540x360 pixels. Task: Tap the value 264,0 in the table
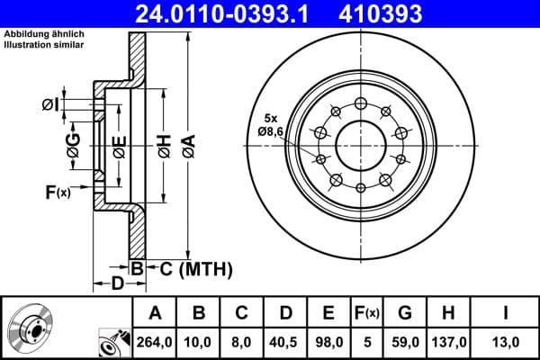[x=155, y=341]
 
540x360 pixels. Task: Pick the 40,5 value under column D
[x=285, y=341]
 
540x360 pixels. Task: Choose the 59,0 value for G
[x=404, y=341]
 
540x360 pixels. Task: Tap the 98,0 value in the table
[x=328, y=341]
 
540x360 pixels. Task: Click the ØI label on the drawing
[x=50, y=106]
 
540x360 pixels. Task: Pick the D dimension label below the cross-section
[x=117, y=284]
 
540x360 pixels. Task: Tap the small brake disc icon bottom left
[x=31, y=328]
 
